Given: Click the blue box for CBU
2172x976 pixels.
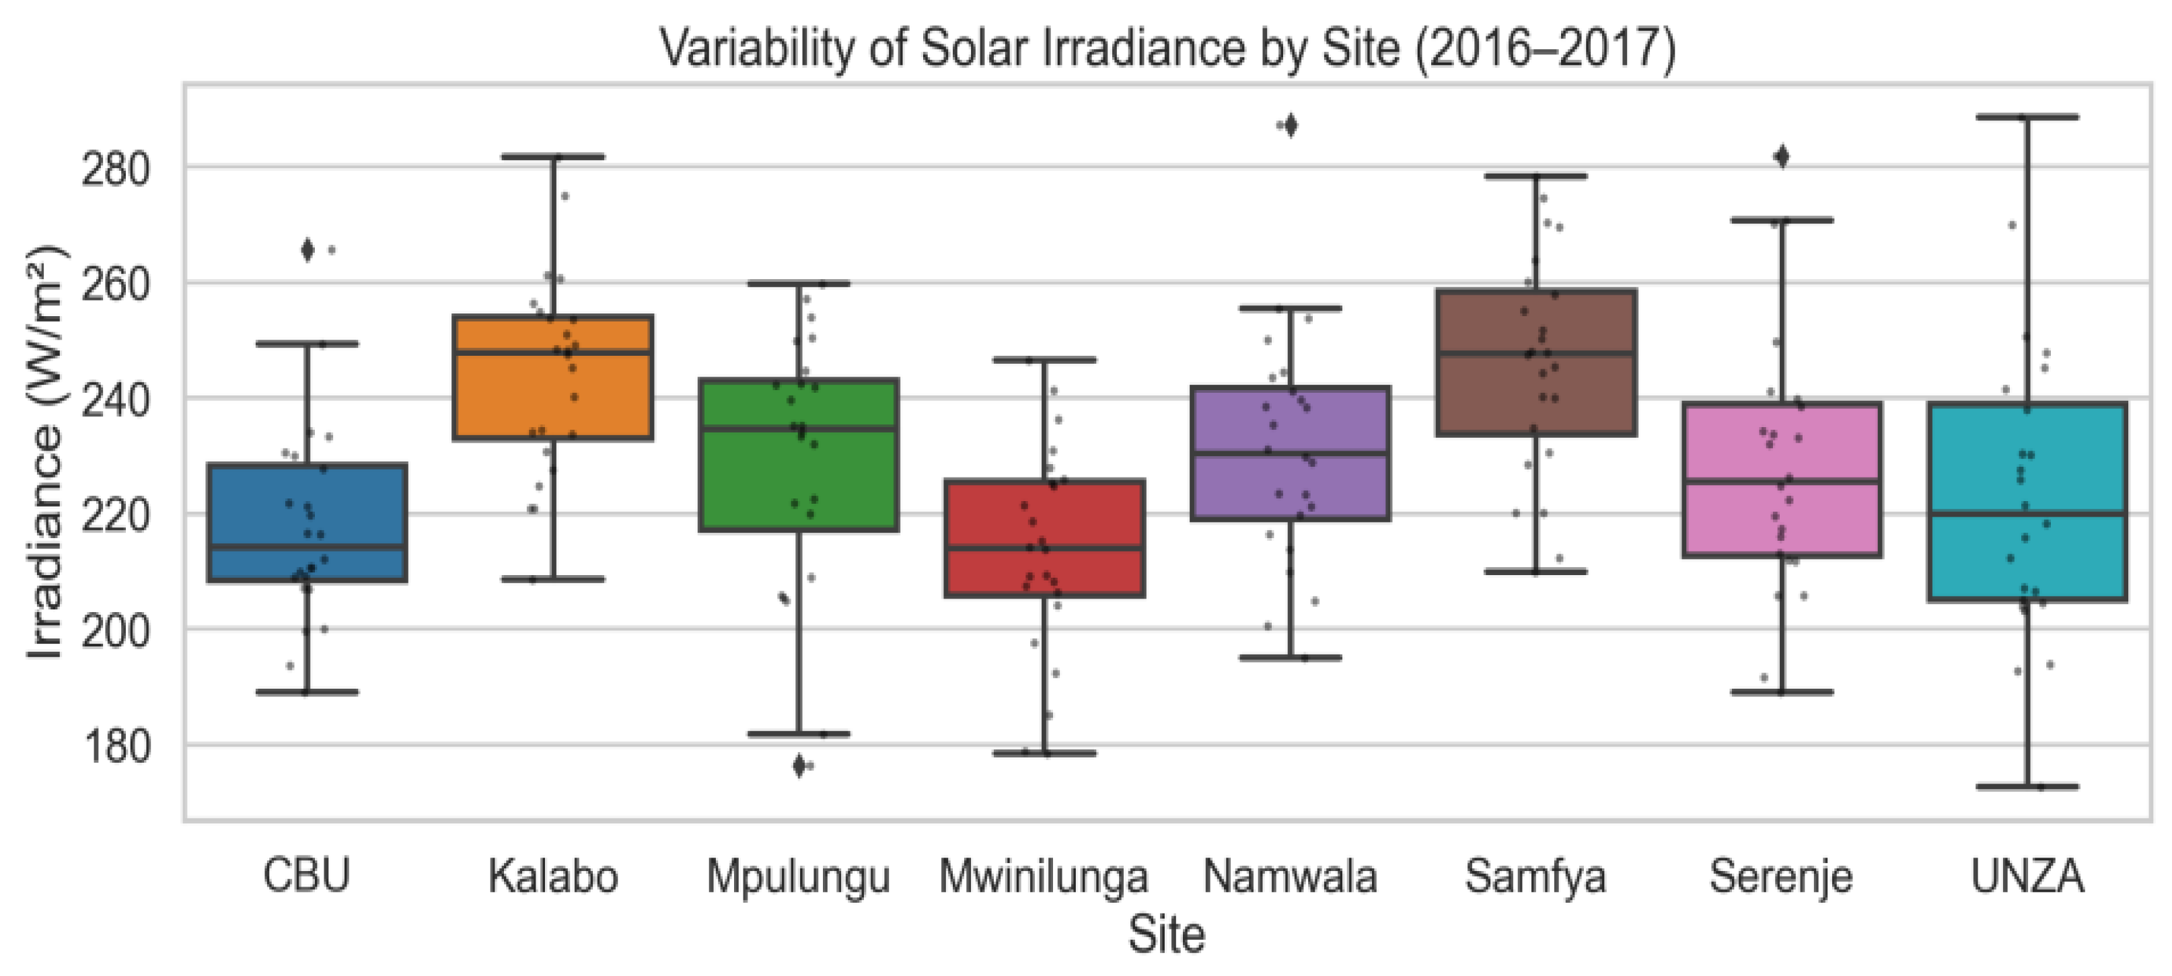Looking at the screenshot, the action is click(307, 523).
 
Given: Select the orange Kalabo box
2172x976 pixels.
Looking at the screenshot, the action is click(553, 377).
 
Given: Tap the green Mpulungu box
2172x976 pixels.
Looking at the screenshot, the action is click(799, 454).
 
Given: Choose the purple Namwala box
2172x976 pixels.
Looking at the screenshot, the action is click(1290, 453).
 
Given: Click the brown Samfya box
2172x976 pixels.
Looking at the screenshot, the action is click(1536, 363).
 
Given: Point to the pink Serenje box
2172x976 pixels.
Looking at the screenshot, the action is click(1782, 480).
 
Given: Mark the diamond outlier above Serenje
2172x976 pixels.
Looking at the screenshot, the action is click(1782, 157).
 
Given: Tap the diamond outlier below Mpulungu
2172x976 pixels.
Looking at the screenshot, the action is click(799, 766).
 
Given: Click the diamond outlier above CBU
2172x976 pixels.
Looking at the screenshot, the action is click(307, 250).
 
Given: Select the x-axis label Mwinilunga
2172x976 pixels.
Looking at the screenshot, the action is click(1044, 876).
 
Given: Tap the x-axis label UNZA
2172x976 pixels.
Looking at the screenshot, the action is click(2027, 876).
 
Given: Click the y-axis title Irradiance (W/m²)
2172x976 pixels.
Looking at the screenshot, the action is click(46, 453).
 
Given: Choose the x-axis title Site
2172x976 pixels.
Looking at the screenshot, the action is click(1167, 934).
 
